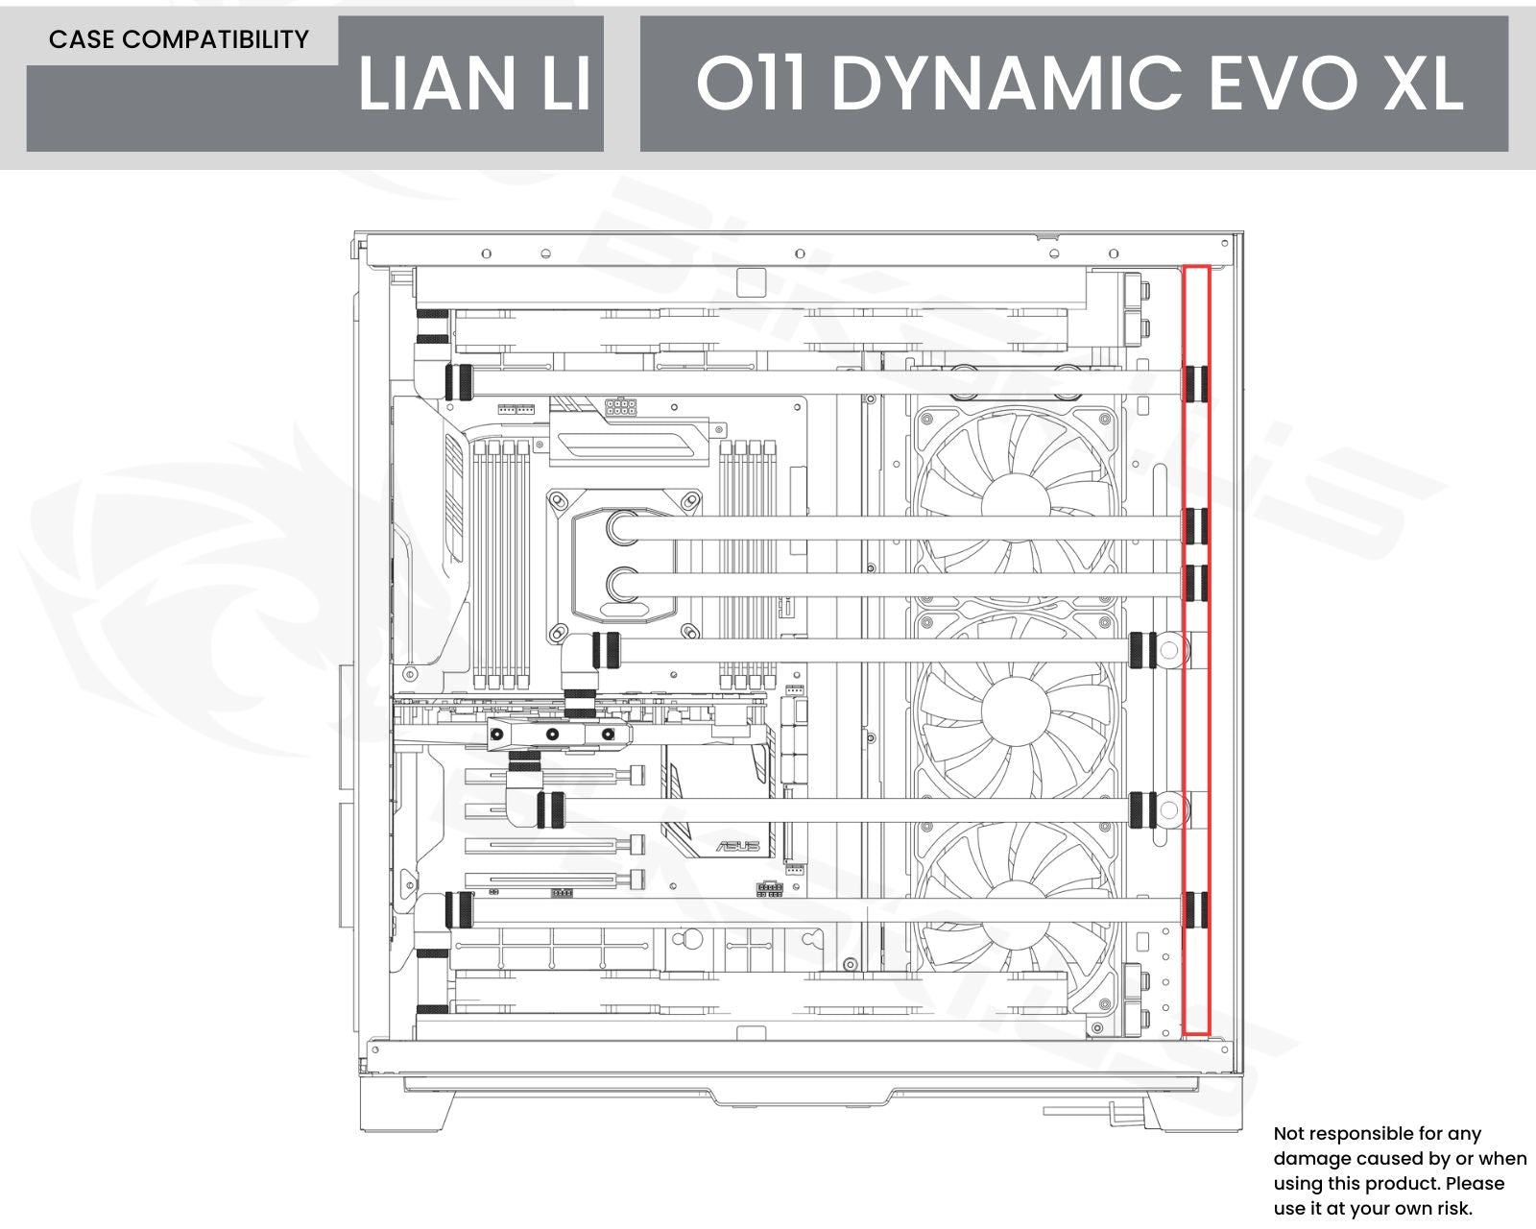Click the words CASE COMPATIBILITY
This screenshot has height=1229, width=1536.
[x=179, y=39]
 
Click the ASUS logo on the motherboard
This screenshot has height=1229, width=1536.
[x=738, y=846]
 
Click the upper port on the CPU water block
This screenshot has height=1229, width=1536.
[x=624, y=527]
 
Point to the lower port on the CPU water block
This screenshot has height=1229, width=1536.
[x=624, y=583]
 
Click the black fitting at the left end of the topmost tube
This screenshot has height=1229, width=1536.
[x=458, y=381]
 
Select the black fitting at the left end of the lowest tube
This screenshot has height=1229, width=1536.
[x=459, y=908]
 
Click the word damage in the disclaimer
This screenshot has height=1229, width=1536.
[x=1312, y=1159]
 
